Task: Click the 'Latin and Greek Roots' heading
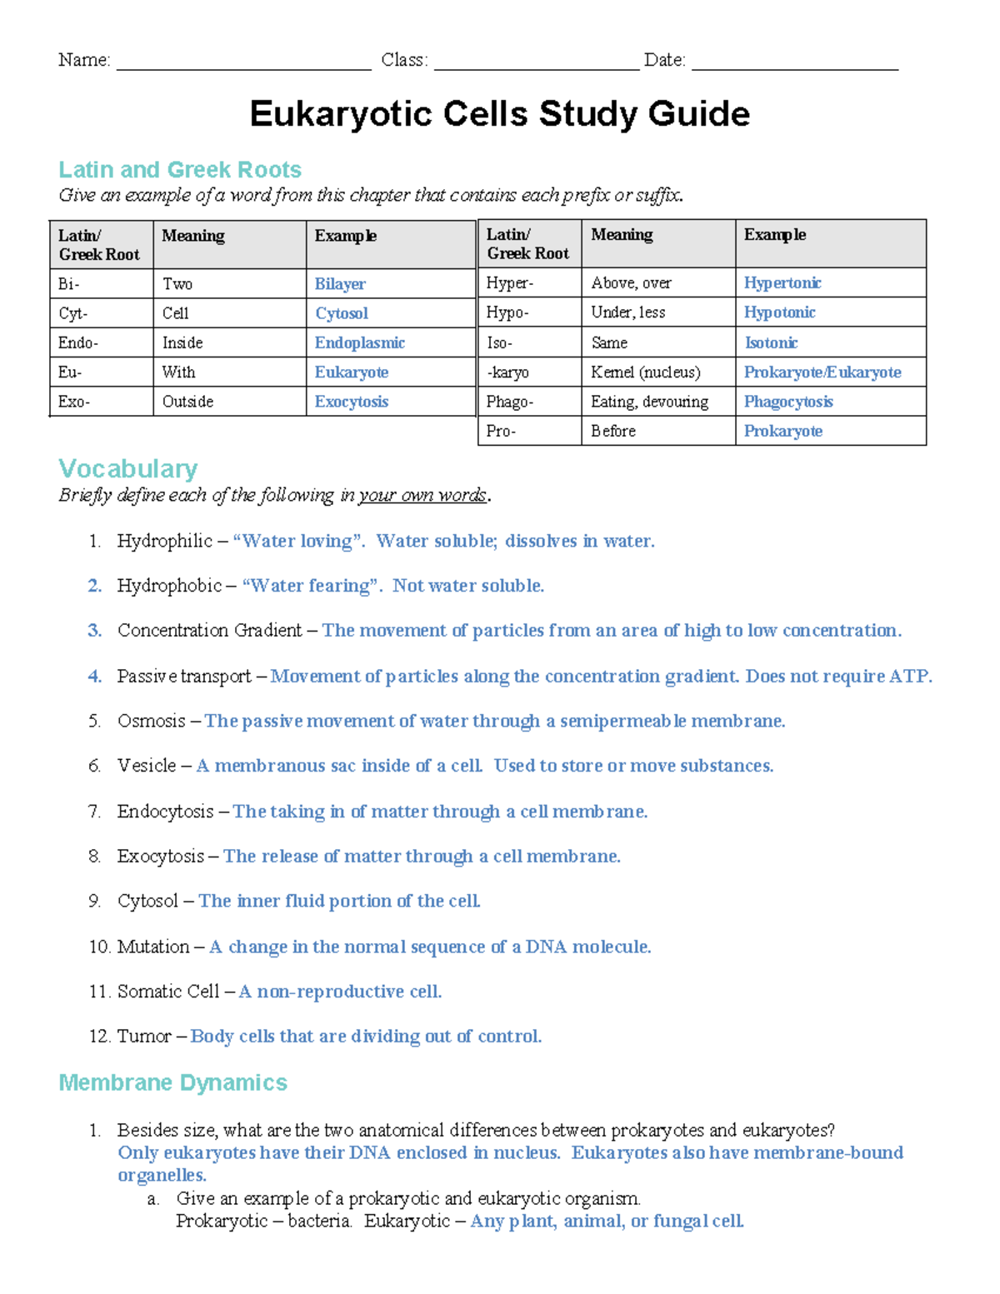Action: [x=179, y=169]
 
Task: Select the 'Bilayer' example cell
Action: [x=340, y=284]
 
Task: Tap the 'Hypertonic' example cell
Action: [x=782, y=283]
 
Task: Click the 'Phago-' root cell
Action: [x=509, y=402]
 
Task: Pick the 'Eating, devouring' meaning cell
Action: [x=649, y=402]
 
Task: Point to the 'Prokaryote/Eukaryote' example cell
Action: [x=822, y=372]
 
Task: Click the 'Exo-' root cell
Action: [x=74, y=402]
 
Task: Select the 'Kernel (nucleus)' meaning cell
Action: [x=645, y=372]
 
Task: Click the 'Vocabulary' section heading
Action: [x=127, y=468]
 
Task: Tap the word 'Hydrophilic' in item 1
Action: [x=164, y=541]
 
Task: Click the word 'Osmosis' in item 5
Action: [x=151, y=721]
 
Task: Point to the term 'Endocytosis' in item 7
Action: [x=165, y=812]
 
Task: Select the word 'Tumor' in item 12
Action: [x=143, y=1036]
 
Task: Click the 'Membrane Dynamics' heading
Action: [x=172, y=1082]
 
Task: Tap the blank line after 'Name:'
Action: [x=243, y=62]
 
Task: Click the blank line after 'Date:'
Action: [x=794, y=62]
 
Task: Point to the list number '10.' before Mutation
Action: [x=99, y=947]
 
